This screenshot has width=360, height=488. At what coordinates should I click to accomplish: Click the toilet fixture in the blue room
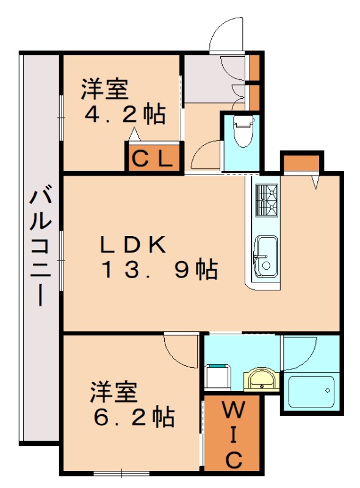(243, 131)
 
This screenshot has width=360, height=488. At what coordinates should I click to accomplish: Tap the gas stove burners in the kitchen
(267, 200)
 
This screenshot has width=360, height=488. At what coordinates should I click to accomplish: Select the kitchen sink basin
(265, 256)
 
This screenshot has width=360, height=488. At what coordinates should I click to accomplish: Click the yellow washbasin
(259, 379)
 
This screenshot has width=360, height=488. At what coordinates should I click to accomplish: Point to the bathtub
(311, 392)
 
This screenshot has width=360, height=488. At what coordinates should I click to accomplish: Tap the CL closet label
(153, 159)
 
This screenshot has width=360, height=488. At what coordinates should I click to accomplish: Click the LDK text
(133, 245)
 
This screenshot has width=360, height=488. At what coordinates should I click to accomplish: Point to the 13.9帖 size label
(159, 270)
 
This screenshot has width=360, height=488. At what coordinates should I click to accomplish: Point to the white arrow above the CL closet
(134, 134)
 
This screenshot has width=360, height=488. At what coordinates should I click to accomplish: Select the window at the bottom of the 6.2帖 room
(122, 473)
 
